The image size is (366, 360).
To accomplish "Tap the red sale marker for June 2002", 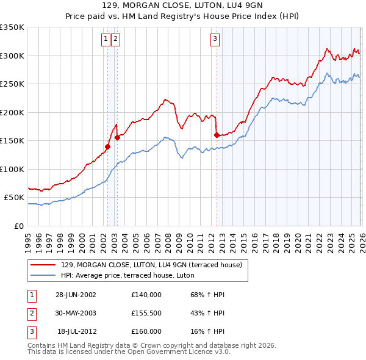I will pos(107,146).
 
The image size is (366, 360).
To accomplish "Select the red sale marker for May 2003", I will pos(117,138).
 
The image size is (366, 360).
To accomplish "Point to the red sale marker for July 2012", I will pos(217,135).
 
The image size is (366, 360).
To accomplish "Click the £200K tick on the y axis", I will pos(12,112).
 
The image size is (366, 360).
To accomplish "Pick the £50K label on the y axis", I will pos(14,198).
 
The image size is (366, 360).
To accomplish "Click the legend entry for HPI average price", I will pos(127,275).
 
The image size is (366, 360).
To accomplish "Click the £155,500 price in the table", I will pos(146,312).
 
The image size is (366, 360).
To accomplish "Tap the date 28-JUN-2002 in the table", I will pos(76,294).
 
